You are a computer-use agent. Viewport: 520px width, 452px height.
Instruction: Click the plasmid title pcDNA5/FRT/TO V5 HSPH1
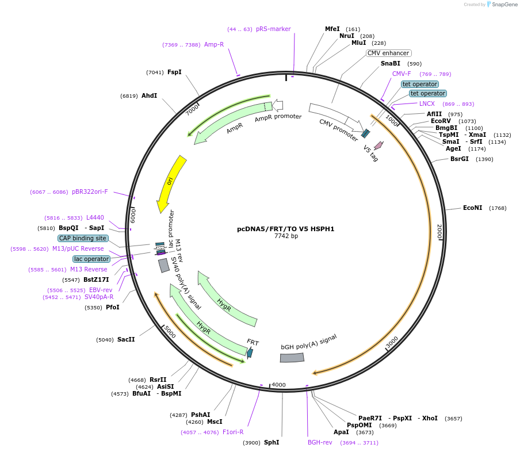tap(285, 229)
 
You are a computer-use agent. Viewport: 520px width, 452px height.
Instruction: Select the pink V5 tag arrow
tap(378, 145)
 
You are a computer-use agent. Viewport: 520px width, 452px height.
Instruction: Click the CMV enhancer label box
tap(389, 53)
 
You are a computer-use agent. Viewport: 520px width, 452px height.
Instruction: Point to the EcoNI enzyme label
tap(472, 208)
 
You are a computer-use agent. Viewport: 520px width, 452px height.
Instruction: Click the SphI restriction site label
tap(271, 442)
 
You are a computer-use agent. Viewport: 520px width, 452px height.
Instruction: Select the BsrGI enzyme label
tap(460, 159)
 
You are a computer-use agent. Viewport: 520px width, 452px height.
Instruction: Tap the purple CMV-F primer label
tap(402, 74)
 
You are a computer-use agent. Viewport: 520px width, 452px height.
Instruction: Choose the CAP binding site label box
tap(82, 238)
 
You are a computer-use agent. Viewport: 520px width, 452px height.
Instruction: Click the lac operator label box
tap(91, 259)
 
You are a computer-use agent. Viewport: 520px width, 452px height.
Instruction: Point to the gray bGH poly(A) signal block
tap(292, 358)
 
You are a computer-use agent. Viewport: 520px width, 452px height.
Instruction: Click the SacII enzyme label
tap(126, 339)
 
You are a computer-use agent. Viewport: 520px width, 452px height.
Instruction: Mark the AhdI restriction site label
tap(150, 95)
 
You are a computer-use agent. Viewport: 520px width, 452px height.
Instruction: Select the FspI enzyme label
tap(174, 72)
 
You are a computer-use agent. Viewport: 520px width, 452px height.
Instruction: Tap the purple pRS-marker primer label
tap(273, 29)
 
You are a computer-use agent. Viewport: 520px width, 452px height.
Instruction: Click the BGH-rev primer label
tap(320, 442)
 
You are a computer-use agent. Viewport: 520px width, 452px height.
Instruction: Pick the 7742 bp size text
tap(286, 236)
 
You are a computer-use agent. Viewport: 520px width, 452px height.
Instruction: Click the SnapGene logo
tap(500, 5)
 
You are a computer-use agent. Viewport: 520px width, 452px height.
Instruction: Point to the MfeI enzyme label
tap(332, 29)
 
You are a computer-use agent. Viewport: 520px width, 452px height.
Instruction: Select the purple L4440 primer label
tap(95, 217)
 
